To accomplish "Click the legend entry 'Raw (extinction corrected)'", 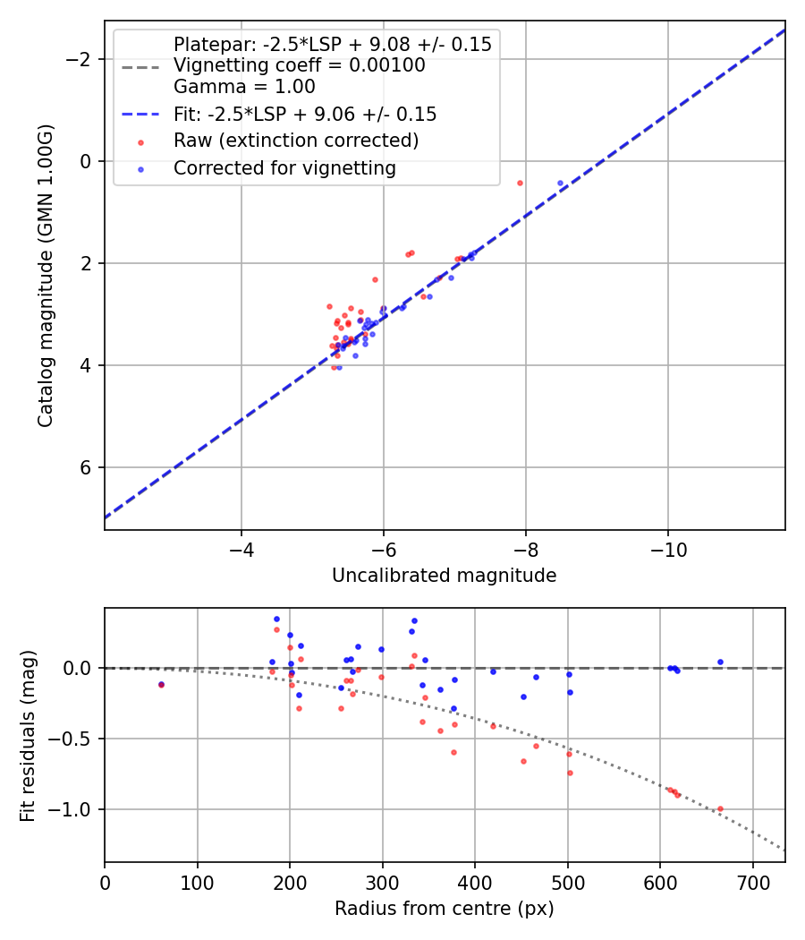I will [295, 141].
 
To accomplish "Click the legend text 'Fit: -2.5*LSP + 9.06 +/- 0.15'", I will [305, 115].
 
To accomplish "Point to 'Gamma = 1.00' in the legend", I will [244, 88].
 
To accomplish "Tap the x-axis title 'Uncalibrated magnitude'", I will [444, 576].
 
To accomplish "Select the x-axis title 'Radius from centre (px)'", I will [444, 909].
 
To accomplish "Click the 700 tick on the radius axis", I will [752, 882].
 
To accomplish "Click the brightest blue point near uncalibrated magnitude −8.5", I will [561, 183].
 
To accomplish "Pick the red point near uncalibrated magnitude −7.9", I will [520, 183].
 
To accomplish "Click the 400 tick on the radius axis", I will [475, 882].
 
